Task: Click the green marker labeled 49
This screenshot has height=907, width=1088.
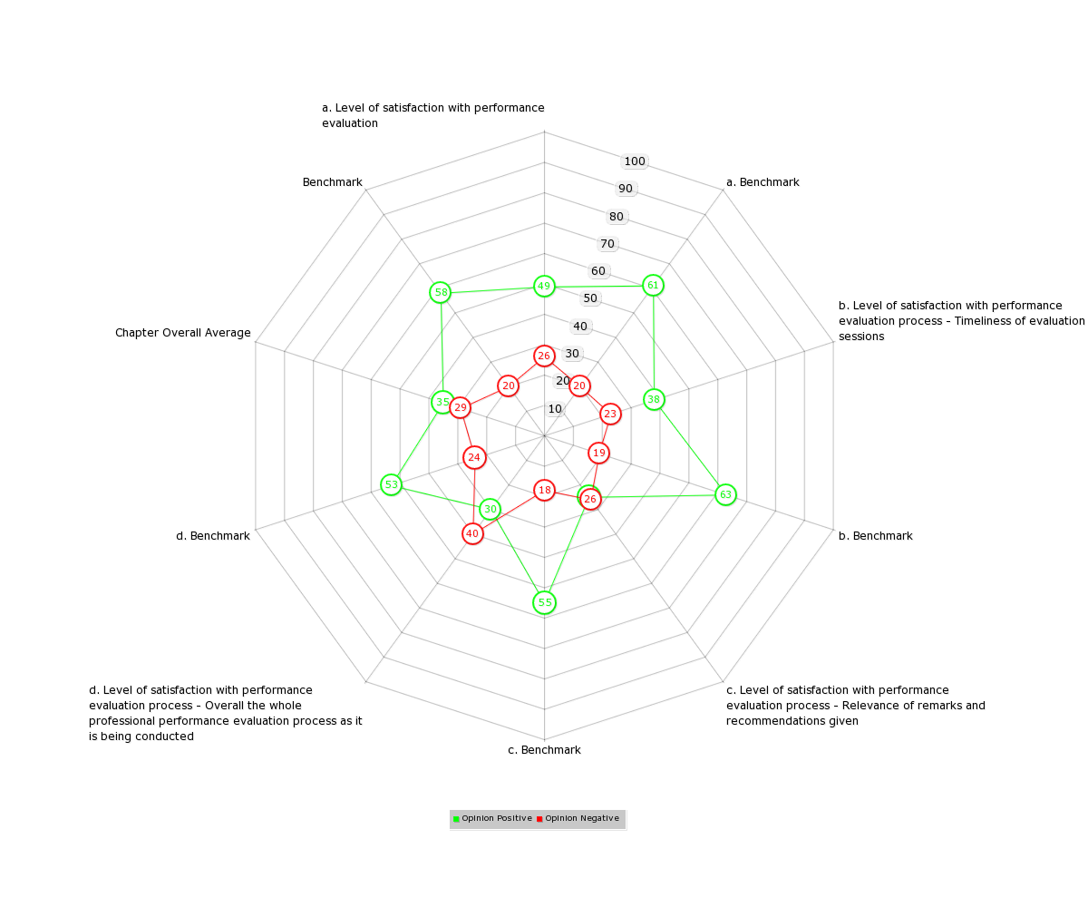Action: point(544,286)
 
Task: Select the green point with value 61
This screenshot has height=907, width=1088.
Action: point(653,285)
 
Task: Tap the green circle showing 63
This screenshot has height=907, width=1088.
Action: point(725,494)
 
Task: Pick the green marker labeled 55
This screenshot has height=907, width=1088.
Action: point(545,602)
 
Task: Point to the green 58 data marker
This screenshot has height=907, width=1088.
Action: point(441,292)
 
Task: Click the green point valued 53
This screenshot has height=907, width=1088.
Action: point(392,484)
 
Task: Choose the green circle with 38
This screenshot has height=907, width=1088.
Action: point(654,399)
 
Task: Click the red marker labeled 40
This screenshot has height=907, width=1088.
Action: point(472,533)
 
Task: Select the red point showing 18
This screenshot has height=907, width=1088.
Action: point(545,490)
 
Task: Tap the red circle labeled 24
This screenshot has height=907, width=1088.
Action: point(474,458)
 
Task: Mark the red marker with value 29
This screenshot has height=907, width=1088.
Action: point(460,407)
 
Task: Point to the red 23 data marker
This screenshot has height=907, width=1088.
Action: point(610,414)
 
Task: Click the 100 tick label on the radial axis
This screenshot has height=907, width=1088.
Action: point(635,161)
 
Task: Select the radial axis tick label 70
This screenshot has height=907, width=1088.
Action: point(607,244)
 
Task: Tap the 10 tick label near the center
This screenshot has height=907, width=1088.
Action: point(555,409)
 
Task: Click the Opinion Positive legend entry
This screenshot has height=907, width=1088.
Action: point(492,818)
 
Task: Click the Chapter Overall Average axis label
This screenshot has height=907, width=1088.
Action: point(183,333)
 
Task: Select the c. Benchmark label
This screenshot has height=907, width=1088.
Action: point(544,750)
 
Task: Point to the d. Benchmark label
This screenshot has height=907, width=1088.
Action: point(213,536)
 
